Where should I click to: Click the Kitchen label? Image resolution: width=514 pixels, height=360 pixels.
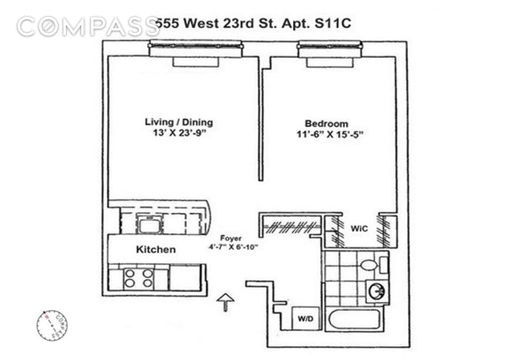pos(155,250)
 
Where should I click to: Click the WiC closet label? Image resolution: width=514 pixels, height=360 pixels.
pos(359,228)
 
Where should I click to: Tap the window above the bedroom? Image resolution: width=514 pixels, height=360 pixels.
pos(328,49)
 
